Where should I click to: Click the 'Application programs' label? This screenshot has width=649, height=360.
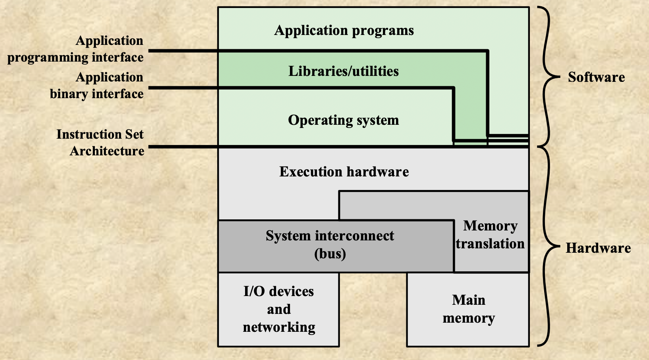click(x=344, y=31)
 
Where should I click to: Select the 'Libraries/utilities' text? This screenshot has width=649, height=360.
click(x=344, y=71)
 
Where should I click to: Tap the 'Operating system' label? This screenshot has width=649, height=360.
click(x=344, y=120)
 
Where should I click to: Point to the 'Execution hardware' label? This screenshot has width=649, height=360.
click(x=344, y=172)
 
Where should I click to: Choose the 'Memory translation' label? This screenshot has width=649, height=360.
click(x=490, y=234)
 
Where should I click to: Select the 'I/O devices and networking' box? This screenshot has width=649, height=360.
click(x=278, y=309)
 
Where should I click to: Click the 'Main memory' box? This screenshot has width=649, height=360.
click(x=468, y=309)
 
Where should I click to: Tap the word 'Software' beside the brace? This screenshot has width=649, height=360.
click(x=596, y=77)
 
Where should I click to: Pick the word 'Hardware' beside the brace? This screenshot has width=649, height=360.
click(x=598, y=248)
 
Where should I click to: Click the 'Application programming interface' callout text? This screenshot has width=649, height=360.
click(x=75, y=49)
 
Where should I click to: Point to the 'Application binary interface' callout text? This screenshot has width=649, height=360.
click(x=97, y=85)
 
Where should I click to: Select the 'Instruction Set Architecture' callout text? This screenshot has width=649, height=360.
click(x=100, y=143)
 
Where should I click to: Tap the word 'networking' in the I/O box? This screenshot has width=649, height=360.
click(x=279, y=327)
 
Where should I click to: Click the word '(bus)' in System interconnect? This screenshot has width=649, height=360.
click(x=330, y=254)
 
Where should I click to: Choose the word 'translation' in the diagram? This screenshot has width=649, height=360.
click(x=490, y=244)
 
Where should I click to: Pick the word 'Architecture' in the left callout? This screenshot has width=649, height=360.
click(x=107, y=151)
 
